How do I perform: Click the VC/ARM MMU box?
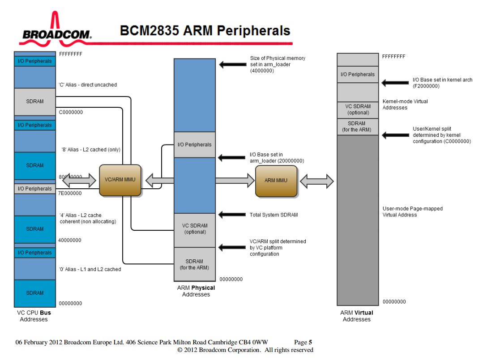click(x=120, y=180)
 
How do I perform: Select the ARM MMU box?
click(x=276, y=181)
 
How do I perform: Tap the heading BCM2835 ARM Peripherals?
click(x=205, y=31)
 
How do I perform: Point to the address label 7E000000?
click(x=70, y=193)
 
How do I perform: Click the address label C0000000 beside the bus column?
click(x=71, y=112)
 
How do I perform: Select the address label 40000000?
click(x=70, y=240)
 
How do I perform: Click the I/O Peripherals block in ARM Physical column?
click(x=194, y=144)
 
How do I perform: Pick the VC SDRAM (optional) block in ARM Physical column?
click(x=195, y=229)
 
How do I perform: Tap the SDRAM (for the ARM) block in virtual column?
click(x=357, y=127)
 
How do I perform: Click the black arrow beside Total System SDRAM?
click(x=232, y=215)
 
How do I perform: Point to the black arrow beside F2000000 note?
click(x=395, y=83)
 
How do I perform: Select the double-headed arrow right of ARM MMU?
click(x=317, y=181)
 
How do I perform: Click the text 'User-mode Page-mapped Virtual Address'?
click(x=406, y=212)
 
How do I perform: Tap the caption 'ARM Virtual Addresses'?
click(x=357, y=316)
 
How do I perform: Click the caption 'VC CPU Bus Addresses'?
click(x=34, y=316)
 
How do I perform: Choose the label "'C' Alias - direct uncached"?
click(x=88, y=85)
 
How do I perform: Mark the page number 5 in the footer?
click(x=310, y=343)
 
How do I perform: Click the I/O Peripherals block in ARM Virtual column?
click(x=357, y=74)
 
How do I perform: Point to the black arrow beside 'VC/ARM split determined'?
click(x=232, y=247)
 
